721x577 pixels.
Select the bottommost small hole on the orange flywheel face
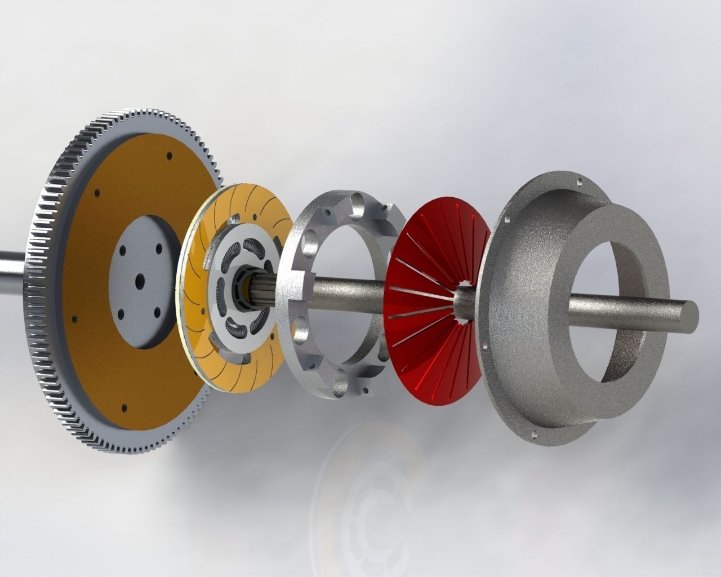[124, 406]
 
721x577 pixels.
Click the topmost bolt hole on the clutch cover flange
[580, 181]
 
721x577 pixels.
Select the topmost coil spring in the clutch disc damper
[253, 248]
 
